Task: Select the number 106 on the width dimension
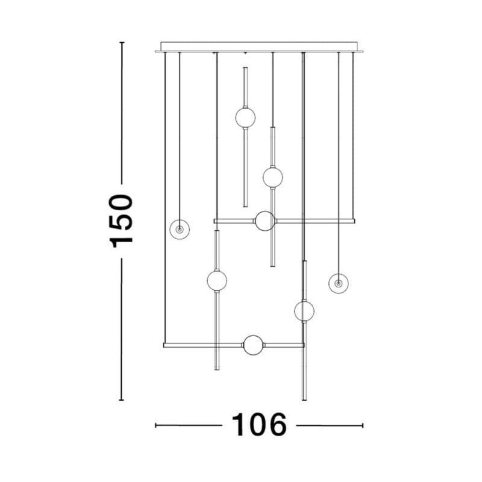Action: pos(259,425)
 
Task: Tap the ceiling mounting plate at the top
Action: pos(260,46)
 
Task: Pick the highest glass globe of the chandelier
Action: pos(245,117)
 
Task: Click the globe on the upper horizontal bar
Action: pos(264,221)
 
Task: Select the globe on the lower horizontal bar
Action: pos(253,345)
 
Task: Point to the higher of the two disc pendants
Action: pos(180,229)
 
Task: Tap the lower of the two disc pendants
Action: pos(339,283)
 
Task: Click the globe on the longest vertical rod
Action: pos(304,311)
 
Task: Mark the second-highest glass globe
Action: pos(272,177)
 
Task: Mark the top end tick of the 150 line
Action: pos(122,43)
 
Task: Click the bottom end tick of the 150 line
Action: pos(122,399)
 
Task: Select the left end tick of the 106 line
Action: pos(155,425)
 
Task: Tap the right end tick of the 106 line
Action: pos(363,425)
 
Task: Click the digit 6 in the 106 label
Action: pos(277,425)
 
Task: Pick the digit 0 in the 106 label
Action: pos(259,425)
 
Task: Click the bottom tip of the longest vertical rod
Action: pos(304,399)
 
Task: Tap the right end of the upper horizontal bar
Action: pos(354,221)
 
